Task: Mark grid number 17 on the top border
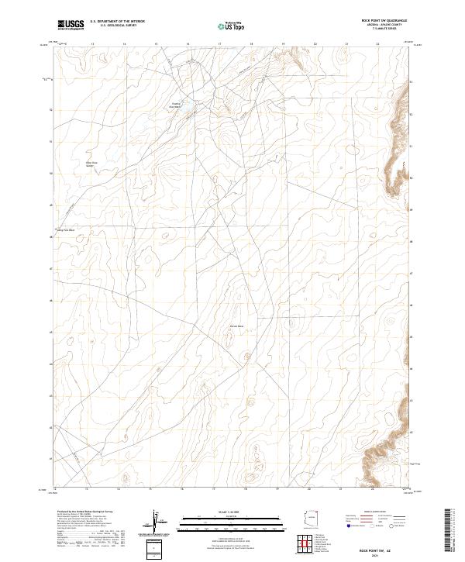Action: point(220,44)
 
